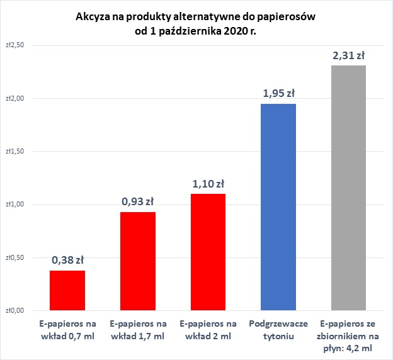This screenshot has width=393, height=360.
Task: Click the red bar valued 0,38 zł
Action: click(x=67, y=290)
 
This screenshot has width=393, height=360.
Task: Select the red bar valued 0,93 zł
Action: click(x=138, y=261)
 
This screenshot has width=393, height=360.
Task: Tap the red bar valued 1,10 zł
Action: click(x=208, y=252)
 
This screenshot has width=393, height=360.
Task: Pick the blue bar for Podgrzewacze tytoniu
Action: click(x=278, y=207)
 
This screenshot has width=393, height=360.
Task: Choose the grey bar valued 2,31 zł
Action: click(x=348, y=188)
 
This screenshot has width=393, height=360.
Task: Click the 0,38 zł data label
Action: click(x=67, y=261)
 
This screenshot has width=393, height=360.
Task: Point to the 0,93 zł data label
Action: click(x=138, y=203)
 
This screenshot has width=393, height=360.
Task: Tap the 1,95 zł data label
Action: click(x=278, y=94)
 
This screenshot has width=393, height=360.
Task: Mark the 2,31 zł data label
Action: click(x=348, y=55)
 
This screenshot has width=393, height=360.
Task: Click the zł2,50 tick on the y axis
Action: click(x=14, y=45)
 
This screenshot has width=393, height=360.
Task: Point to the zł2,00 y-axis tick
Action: click(x=14, y=98)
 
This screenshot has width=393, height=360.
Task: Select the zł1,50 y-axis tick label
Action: click(x=14, y=151)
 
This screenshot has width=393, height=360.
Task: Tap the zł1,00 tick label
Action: click(x=14, y=204)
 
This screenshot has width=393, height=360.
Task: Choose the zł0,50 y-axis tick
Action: click(x=14, y=257)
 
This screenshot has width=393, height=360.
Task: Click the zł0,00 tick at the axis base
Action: click(x=14, y=310)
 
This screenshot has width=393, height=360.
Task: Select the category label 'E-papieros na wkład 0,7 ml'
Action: click(x=67, y=330)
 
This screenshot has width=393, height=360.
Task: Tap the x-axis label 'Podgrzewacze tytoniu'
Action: click(x=278, y=330)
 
